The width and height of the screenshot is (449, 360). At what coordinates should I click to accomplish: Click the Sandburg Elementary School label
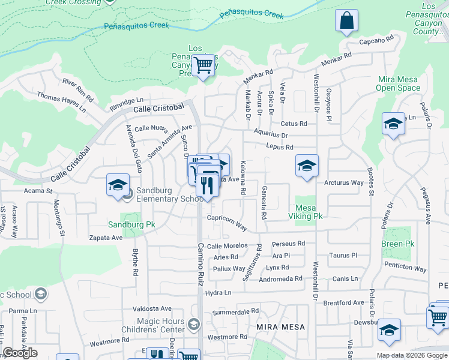coord(170,195)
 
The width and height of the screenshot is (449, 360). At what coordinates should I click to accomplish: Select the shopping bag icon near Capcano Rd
coord(347,21)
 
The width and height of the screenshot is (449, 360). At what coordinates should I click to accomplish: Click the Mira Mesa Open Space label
coord(399,83)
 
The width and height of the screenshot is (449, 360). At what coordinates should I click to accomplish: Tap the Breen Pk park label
coord(397,244)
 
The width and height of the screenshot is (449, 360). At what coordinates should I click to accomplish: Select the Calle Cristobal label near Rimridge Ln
coord(158,108)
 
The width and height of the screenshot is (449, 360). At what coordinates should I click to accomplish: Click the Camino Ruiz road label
coord(202,264)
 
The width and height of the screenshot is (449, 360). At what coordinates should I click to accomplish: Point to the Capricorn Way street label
coord(228,223)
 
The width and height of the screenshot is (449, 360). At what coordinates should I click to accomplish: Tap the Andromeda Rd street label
coord(281,279)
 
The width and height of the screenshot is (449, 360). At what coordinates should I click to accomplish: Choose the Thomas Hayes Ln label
coord(61,102)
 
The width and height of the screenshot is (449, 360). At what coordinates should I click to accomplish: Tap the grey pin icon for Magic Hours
coord(194,325)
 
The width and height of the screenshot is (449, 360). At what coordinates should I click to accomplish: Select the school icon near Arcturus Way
coord(307,166)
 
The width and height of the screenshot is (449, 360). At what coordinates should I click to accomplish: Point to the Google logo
coord(20,353)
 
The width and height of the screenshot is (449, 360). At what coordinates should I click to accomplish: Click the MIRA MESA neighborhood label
coord(281,327)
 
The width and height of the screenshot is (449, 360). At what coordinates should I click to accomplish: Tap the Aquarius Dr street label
coord(271,136)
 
